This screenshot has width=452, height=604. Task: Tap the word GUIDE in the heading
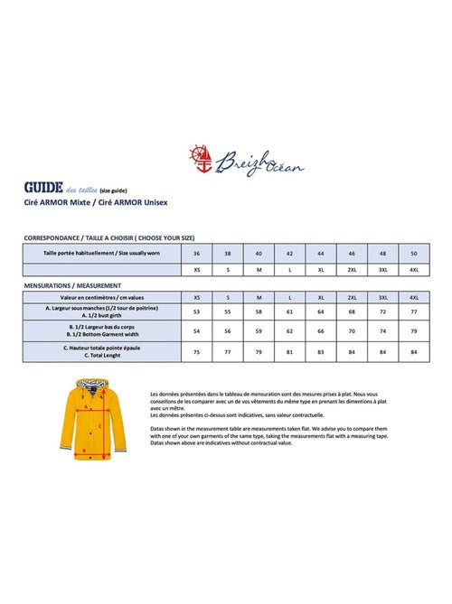(42, 188)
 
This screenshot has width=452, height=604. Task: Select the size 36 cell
(197, 254)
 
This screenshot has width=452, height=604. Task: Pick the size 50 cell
(412, 254)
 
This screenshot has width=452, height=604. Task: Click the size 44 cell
(320, 254)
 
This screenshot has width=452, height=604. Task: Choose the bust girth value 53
(197, 311)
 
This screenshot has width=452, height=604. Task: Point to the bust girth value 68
(351, 311)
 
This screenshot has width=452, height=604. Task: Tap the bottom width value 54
(197, 331)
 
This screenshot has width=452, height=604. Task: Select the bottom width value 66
(320, 331)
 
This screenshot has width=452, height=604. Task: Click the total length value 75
(197, 351)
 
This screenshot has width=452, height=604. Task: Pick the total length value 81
(289, 351)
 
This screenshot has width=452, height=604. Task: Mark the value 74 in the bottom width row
(381, 331)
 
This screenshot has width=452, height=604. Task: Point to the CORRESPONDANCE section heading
(108, 237)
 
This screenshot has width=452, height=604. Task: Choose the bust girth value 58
(259, 311)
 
